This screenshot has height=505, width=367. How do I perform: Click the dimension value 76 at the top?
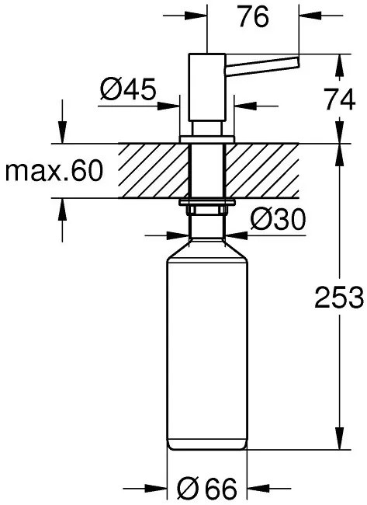[253, 17]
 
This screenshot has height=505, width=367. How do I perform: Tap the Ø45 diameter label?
[128, 92]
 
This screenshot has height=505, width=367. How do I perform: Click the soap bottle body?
[206, 350]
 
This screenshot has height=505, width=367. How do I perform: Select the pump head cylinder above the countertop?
[206, 93]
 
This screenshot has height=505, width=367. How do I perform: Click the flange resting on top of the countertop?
[206, 139]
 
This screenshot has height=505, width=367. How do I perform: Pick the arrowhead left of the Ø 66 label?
[160, 488]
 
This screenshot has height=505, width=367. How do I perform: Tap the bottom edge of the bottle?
[206, 450]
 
